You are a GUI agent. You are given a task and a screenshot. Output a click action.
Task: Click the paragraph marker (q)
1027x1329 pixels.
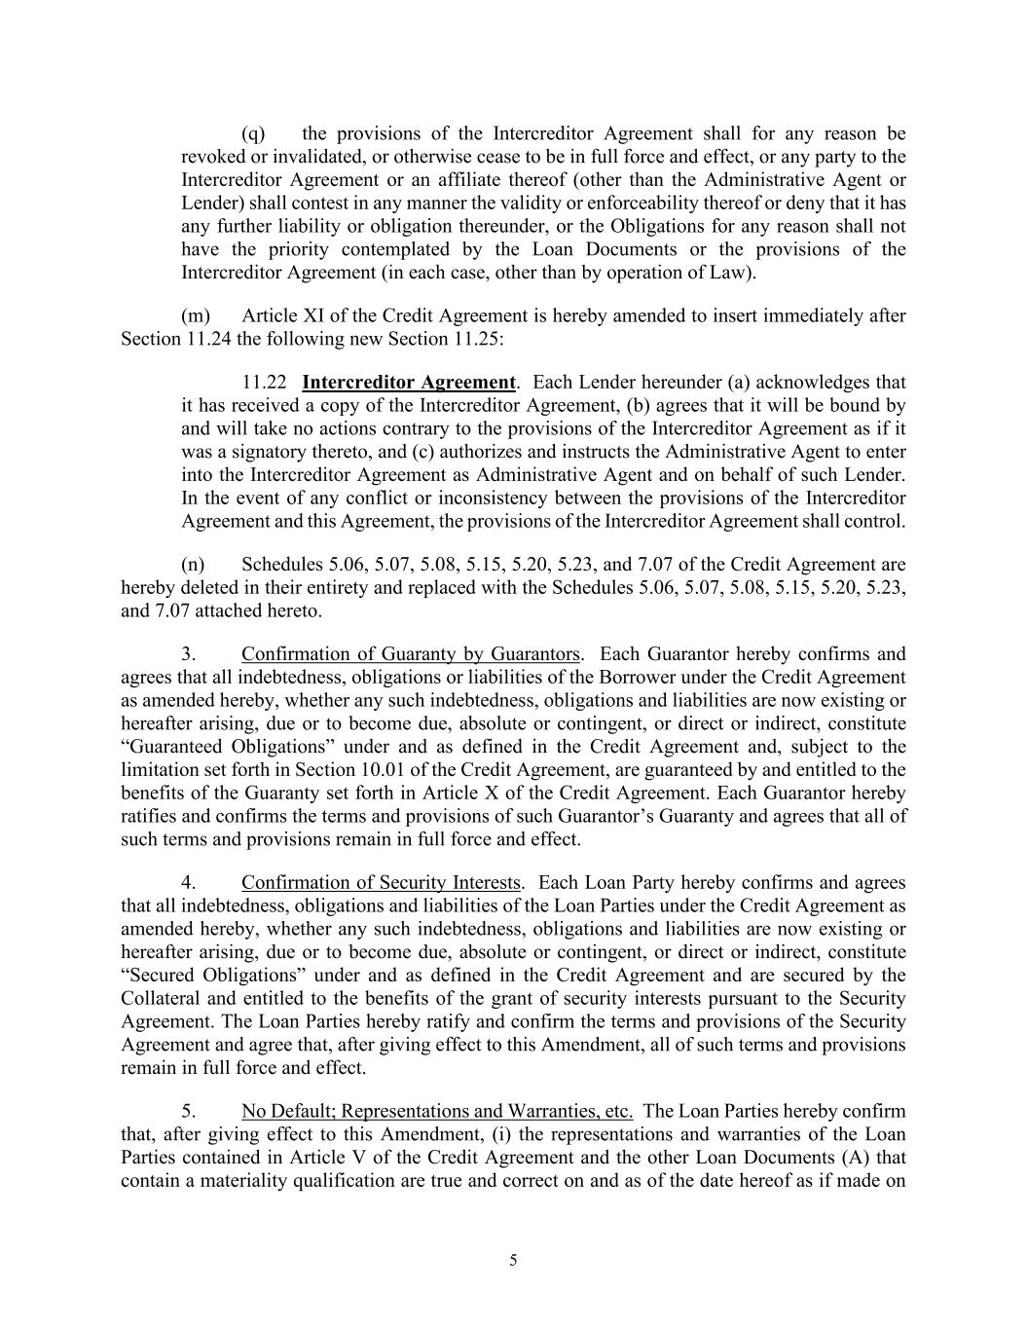pos(252,133)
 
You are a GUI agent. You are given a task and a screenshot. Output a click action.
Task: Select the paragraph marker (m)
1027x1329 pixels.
pos(195,315)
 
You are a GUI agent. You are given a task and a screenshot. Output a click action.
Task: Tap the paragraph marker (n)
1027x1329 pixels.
pos(193,565)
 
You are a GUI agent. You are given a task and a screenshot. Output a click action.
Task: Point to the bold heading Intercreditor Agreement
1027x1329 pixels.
pos(409,382)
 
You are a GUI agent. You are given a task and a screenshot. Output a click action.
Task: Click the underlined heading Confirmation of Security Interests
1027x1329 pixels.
pos(381,883)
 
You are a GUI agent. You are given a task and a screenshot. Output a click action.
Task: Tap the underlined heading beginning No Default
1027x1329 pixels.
pos(437,1112)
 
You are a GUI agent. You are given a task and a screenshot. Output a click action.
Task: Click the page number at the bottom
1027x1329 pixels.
pos(513,1261)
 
